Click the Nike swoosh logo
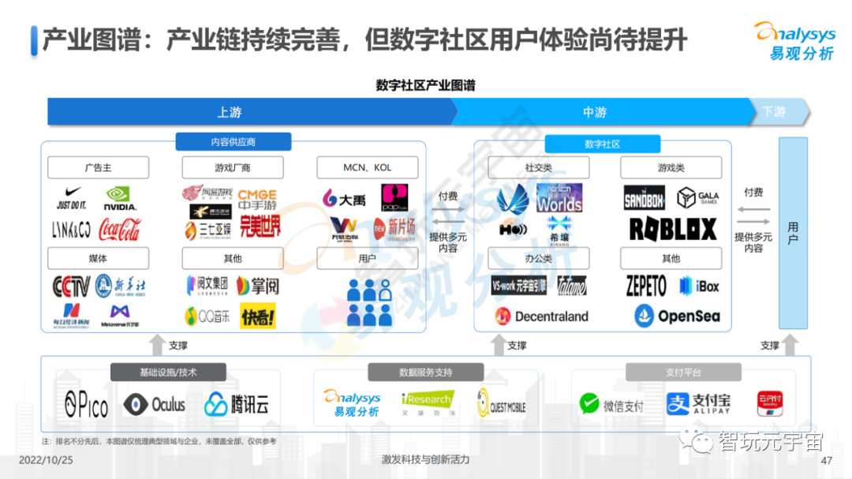[70, 196]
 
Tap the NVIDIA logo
[120, 197]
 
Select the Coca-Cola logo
[119, 230]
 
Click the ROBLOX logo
[673, 229]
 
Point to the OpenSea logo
[678, 316]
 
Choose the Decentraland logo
[541, 316]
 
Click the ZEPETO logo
[646, 286]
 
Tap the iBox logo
[699, 286]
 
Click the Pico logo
[86, 405]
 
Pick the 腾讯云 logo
[237, 405]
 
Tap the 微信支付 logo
[611, 405]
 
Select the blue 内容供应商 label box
[234, 142]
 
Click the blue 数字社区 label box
[602, 144]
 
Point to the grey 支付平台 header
[683, 372]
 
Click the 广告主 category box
[98, 167]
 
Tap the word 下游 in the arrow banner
[774, 112]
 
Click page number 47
[827, 461]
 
